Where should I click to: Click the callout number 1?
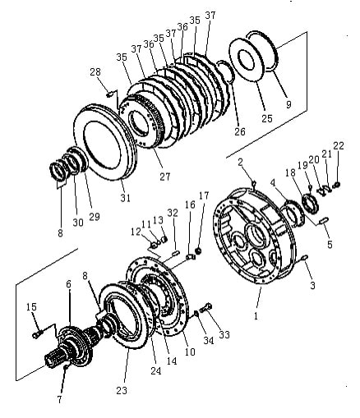pos(256,315)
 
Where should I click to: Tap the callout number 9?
pos(288,104)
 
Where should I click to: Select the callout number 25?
pos(267,118)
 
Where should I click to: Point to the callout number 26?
pos(240,131)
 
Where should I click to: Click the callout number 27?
pos(165,177)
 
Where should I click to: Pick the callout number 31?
pos(125,198)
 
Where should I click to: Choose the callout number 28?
pos(95,72)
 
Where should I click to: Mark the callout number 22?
pos(339,145)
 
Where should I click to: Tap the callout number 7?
pos(59,399)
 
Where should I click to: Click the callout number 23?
pos(122,390)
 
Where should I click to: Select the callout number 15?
pos(31,306)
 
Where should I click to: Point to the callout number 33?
pos(224,334)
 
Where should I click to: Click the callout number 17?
pos(204,195)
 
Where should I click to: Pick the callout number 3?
pos(312,285)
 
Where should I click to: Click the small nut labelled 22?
pos(336,186)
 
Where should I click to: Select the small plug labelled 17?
pos(199,250)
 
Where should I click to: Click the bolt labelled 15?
pos(37,334)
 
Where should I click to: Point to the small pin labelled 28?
pos(109,94)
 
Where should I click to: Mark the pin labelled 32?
pos(176,253)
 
